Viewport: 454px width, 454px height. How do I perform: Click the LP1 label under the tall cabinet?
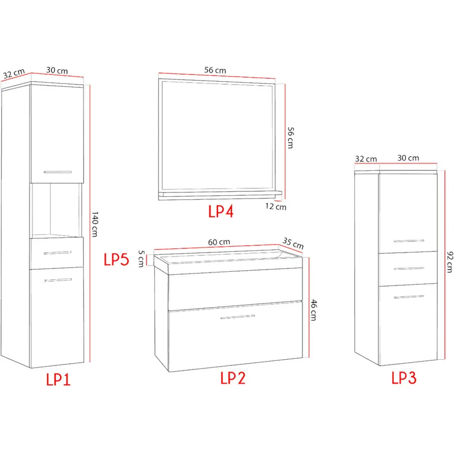(58, 379)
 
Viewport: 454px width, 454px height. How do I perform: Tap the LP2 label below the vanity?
(233, 378)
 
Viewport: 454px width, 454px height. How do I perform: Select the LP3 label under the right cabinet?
(404, 378)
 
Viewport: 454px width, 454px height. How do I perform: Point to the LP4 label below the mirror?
(221, 211)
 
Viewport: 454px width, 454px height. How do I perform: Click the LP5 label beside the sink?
(116, 259)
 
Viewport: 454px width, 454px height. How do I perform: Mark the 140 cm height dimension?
(95, 224)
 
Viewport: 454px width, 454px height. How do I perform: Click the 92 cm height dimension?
(449, 262)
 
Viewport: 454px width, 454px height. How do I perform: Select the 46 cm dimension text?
(314, 310)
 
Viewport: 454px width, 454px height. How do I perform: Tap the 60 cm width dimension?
(219, 242)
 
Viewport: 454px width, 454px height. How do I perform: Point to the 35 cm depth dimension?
(293, 243)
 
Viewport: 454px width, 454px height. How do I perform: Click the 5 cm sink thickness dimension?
(141, 259)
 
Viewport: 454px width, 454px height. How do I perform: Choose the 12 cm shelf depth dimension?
(276, 207)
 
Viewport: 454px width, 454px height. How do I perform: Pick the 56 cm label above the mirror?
(215, 70)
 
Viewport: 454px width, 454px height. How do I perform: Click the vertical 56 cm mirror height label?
(291, 138)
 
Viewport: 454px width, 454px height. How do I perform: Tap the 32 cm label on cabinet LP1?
(14, 74)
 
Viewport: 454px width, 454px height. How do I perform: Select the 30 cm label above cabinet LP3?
(408, 158)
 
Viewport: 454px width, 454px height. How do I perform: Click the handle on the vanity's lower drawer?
(238, 317)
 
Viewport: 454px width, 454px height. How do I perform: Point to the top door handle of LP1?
(58, 172)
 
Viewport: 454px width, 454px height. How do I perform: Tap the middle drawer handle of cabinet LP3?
(409, 268)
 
